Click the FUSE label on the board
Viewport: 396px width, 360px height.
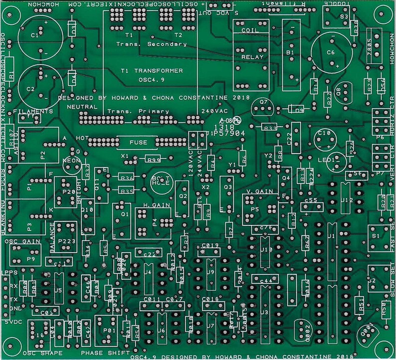tap(138, 143)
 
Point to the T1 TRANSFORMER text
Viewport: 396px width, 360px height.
tap(152, 71)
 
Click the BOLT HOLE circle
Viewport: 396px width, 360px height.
tap(161, 181)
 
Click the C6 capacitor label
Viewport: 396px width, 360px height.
tap(331, 52)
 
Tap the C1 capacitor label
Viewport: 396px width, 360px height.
tap(34, 36)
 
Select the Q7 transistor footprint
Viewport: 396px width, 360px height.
tap(264, 107)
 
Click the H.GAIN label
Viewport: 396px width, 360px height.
tap(152, 205)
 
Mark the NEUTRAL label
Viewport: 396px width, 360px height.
tap(81, 107)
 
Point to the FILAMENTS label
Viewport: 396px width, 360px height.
tap(33, 111)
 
